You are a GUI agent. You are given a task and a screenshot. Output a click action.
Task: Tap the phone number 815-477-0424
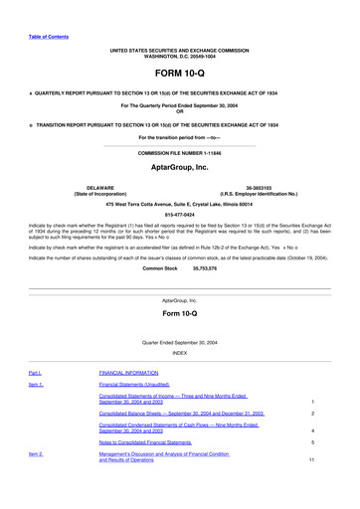pos(179,213)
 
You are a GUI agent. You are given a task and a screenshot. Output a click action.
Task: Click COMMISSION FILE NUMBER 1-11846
pos(179,154)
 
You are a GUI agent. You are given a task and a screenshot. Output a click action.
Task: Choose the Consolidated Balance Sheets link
pos(181,413)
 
